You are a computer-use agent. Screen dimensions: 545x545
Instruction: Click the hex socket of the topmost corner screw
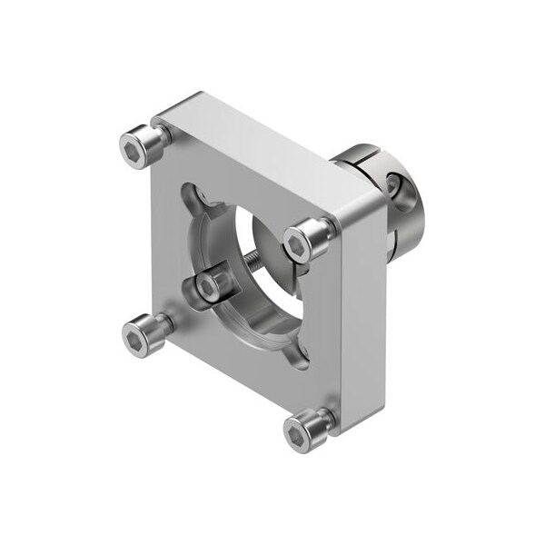136,145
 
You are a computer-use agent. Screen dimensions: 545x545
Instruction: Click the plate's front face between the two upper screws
227,182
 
